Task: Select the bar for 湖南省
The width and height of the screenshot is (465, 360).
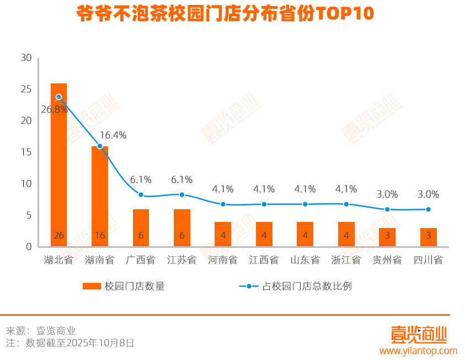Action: pos(100,196)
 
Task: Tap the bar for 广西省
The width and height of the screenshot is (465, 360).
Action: pos(141,227)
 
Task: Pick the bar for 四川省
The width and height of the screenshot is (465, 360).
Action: pos(428,237)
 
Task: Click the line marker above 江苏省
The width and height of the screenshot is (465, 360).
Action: pos(182,195)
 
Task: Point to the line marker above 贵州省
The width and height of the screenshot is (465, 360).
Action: pos(387,209)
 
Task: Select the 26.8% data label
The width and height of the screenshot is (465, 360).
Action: pos(54,109)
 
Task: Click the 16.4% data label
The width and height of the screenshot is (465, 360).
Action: pos(113,135)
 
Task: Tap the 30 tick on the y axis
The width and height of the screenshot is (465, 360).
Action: pos(26,57)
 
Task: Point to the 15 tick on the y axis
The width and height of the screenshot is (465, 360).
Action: pos(26,152)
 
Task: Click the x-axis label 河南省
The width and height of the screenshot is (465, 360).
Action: pos(223,260)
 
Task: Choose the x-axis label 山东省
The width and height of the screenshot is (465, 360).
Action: pos(305,260)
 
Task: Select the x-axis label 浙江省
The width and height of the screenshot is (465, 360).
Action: pos(346,260)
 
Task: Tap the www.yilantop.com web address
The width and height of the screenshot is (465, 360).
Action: pos(418,351)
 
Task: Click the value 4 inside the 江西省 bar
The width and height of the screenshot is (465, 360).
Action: pos(264,236)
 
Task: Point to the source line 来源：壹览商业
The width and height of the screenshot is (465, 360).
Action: pos(41,331)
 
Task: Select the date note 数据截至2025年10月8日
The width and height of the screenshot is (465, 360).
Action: pos(79,343)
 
